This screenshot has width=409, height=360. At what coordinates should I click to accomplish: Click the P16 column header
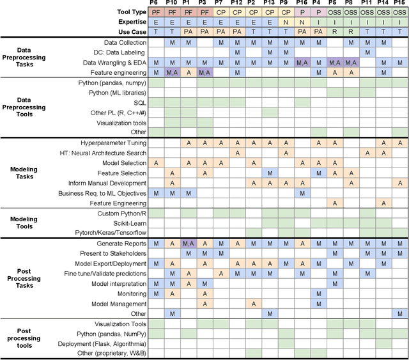(x=302, y=3)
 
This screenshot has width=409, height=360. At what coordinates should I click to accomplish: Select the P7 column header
(x=220, y=3)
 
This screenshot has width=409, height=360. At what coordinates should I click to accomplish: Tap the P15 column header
(x=400, y=3)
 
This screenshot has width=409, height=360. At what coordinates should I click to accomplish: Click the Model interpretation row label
(x=118, y=283)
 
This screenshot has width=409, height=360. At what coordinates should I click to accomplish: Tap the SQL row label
(x=140, y=103)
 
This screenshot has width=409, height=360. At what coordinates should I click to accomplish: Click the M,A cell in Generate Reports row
(x=188, y=244)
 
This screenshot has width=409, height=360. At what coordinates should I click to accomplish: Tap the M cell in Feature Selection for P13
(x=269, y=173)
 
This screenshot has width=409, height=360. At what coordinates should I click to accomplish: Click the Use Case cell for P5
(x=334, y=31)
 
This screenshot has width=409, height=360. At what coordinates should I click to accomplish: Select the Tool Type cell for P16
(x=302, y=12)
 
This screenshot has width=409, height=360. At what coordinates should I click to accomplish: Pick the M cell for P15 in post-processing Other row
(x=400, y=313)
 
